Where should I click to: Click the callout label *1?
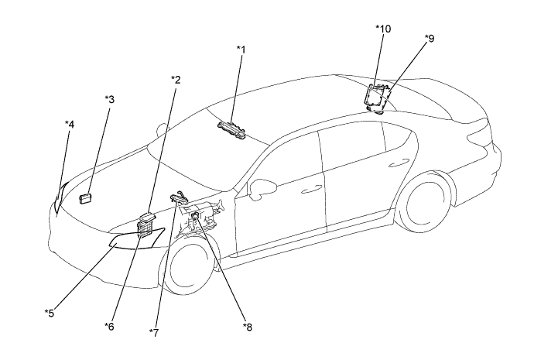(x=241, y=50)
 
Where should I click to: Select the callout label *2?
(x=176, y=80)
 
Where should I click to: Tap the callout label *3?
(x=110, y=99)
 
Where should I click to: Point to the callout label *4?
(x=70, y=125)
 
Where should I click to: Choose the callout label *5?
(x=50, y=313)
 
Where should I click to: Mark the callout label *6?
(x=109, y=326)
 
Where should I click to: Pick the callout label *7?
(x=154, y=333)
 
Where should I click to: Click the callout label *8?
(x=248, y=327)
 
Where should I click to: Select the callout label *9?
(x=430, y=39)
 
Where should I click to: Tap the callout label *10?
(x=383, y=29)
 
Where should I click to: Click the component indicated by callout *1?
(x=232, y=130)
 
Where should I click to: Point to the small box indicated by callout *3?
(x=85, y=198)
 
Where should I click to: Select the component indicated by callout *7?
(x=179, y=198)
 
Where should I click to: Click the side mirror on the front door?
(x=262, y=188)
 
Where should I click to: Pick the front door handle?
(x=312, y=189)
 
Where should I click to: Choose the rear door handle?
(x=399, y=163)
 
